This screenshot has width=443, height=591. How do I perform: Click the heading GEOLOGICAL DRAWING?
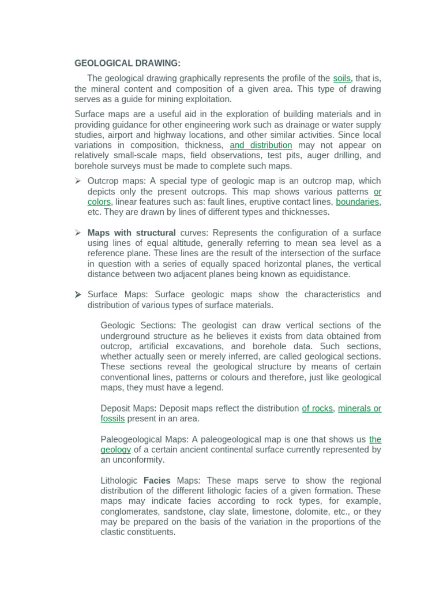click(x=127, y=63)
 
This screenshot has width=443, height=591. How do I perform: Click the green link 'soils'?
click(x=341, y=78)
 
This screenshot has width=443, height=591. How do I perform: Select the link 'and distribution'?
click(x=261, y=145)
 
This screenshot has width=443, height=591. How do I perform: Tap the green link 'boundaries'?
click(x=358, y=202)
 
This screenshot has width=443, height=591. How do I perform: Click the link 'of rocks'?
click(x=317, y=409)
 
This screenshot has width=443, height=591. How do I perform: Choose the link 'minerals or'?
click(x=359, y=409)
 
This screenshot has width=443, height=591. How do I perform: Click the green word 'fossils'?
click(x=112, y=419)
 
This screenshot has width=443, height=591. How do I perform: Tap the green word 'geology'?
click(x=115, y=450)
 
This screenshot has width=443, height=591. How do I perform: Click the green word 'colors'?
click(x=99, y=202)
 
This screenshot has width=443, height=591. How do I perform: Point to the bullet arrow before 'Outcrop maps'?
click(x=77, y=181)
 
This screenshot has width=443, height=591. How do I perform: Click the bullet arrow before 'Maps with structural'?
click(x=77, y=233)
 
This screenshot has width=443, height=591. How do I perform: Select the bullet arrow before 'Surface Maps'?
click(x=77, y=295)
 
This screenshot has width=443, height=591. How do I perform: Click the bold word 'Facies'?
click(x=157, y=481)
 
